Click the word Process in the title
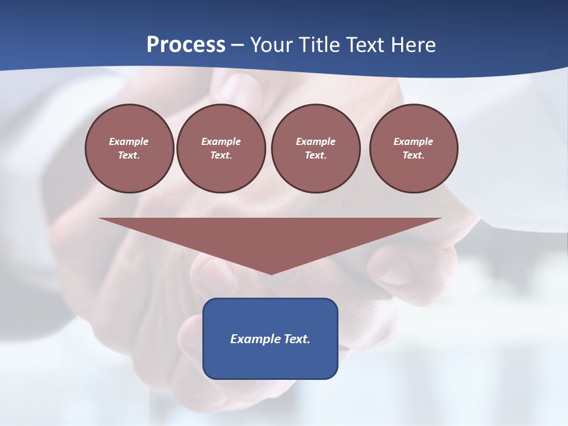pos(186,45)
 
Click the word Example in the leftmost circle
pos(129,141)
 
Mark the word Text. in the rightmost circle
pos(414,155)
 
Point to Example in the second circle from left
pos(221,141)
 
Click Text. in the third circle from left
pos(315,155)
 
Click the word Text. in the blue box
pos(297,339)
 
